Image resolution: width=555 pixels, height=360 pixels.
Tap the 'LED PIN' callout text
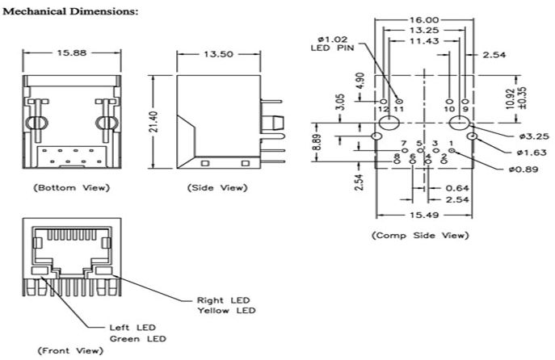point(326,48)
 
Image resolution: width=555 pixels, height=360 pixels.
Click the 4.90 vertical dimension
point(361,81)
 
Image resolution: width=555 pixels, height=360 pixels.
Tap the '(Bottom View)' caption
point(70,187)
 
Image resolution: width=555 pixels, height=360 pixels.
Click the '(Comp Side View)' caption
point(419,236)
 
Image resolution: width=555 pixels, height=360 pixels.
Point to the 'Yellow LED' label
point(225,311)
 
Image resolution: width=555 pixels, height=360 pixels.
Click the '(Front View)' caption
point(64,351)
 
